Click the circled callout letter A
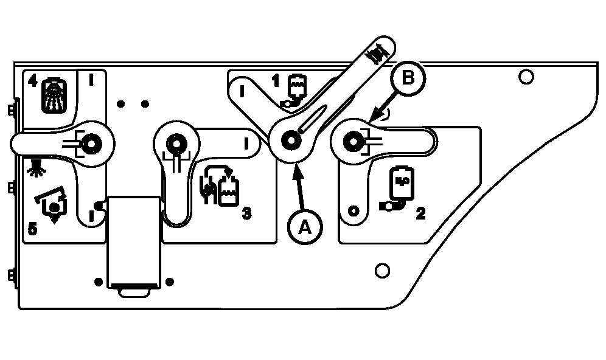coord(305,227)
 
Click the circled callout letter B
coord(408,78)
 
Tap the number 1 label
coord(275,81)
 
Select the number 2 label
coord(420,213)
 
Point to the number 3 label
coord(246,213)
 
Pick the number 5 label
coord(33,229)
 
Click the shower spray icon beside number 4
coord(54,96)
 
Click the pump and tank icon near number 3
coord(219,186)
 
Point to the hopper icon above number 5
coord(52,205)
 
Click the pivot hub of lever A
coord(291,141)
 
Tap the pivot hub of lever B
coord(353,142)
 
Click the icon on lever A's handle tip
coord(378,52)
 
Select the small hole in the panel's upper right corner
coord(526,77)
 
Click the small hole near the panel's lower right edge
coord(382,270)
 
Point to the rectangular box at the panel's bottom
coord(134,243)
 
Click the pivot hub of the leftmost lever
coord(92,144)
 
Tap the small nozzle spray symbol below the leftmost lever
coord(37,168)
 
